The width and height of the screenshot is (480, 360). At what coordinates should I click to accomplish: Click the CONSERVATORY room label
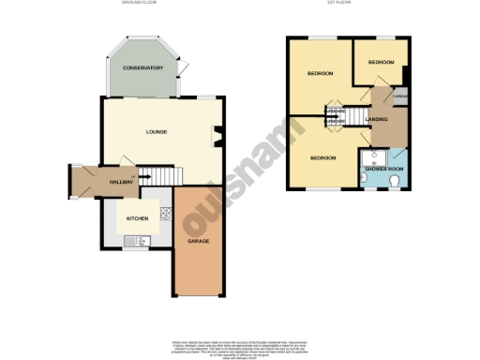(x=142, y=68)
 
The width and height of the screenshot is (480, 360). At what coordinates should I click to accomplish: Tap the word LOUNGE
(x=157, y=131)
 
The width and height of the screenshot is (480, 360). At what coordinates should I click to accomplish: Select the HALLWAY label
(x=122, y=182)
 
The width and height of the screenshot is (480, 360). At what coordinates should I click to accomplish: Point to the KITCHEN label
(x=138, y=218)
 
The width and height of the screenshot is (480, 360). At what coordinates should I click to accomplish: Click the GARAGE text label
(x=198, y=241)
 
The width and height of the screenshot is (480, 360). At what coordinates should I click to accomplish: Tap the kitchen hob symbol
(x=164, y=213)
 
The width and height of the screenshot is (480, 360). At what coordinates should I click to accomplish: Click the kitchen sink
(x=139, y=241)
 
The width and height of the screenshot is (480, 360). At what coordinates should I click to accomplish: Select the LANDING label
(x=376, y=119)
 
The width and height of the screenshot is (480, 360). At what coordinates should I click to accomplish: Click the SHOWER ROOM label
(x=383, y=168)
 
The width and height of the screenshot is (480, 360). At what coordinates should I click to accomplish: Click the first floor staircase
(x=337, y=117)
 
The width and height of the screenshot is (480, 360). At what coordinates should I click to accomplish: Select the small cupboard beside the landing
(x=399, y=97)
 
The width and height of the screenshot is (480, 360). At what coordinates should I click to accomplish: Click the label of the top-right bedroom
(x=381, y=62)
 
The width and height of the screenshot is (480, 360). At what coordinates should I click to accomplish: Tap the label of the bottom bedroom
(x=323, y=157)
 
